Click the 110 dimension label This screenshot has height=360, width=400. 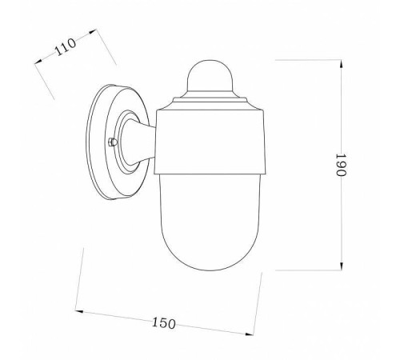tap(66, 47)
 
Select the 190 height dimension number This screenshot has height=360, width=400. tap(341, 165)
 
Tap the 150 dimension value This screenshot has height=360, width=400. tap(164, 323)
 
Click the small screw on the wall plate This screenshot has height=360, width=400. tap(113, 142)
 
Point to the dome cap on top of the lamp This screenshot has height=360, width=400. tap(210, 75)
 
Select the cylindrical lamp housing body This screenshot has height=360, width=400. tap(210, 142)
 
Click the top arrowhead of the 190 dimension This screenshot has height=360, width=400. tap(342, 64)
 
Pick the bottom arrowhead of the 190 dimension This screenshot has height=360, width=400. tap(342, 266)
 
